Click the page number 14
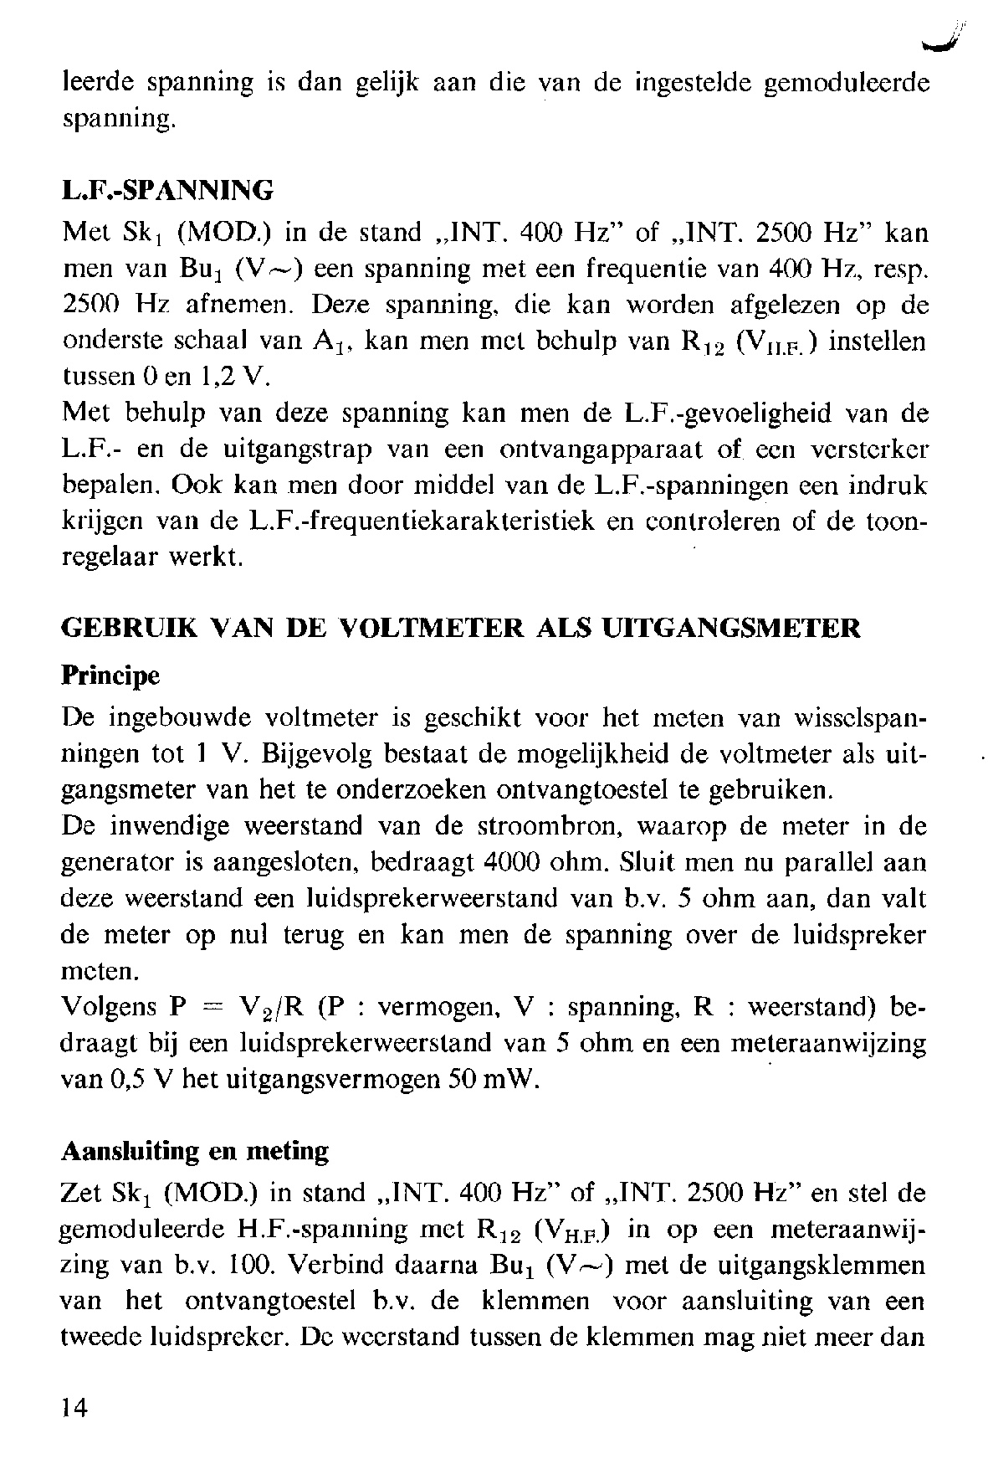(74, 1408)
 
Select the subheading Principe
(110, 675)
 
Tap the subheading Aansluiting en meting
(195, 1152)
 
